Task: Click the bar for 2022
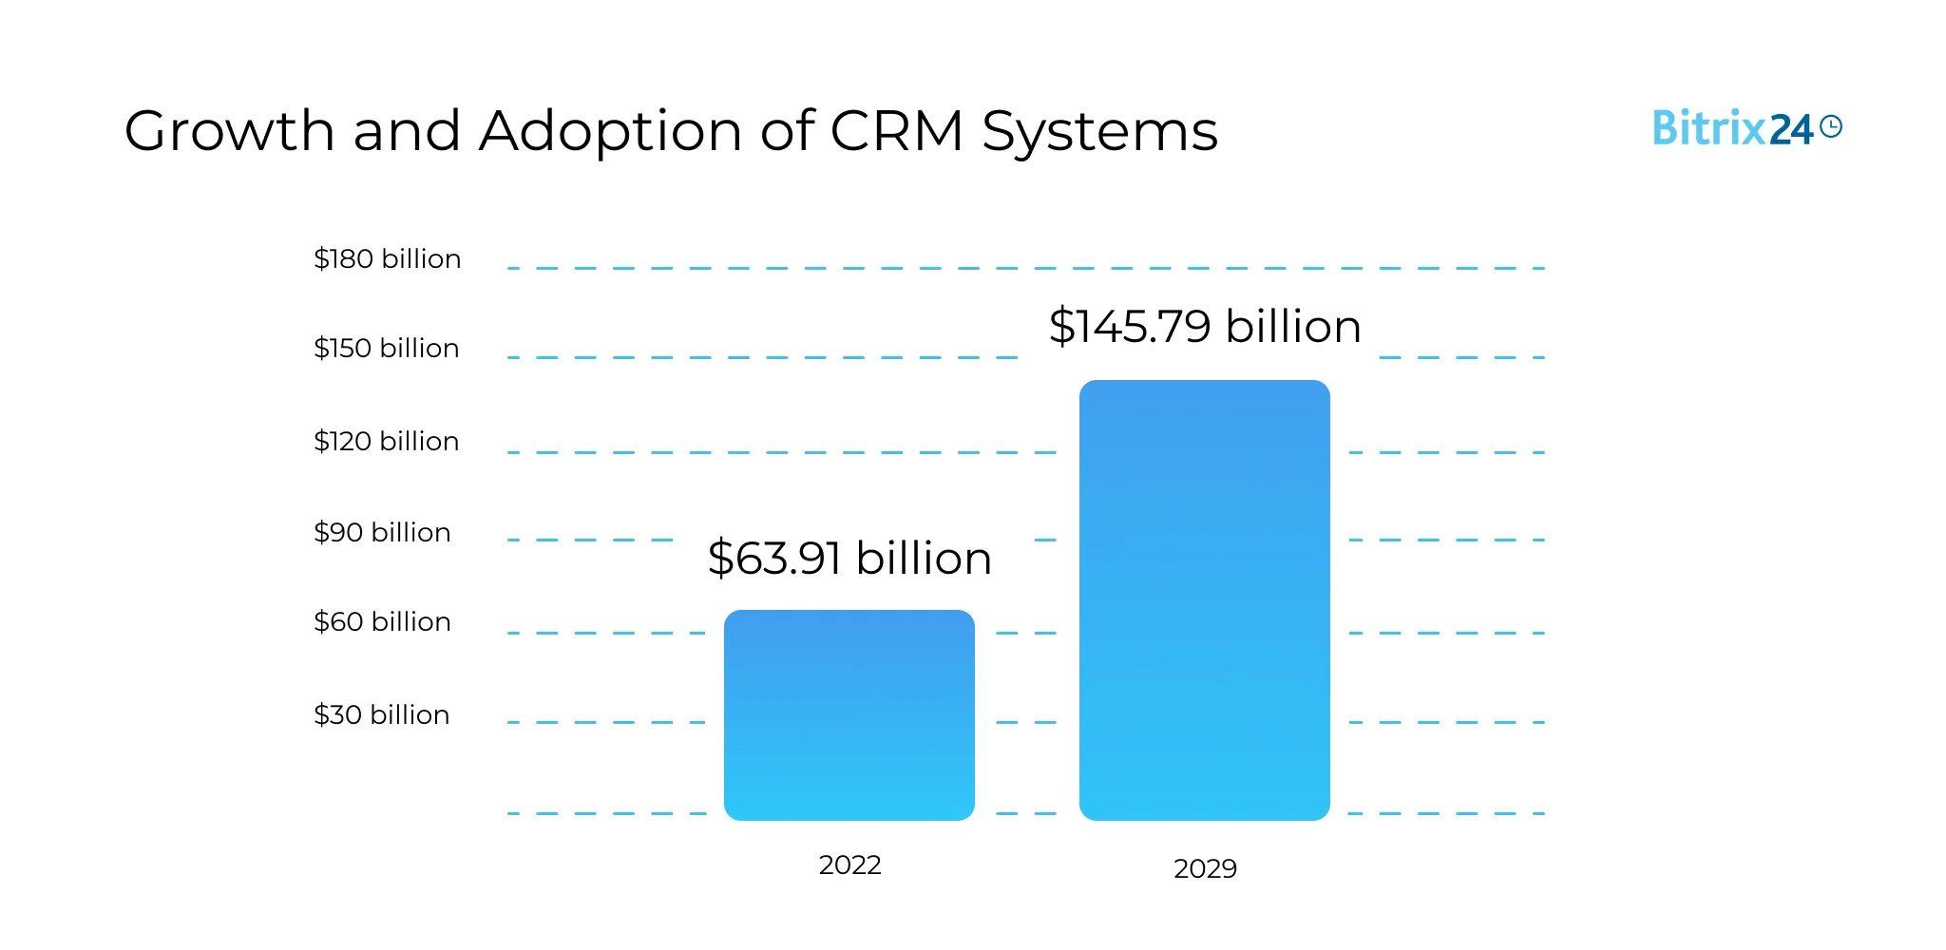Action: [849, 714]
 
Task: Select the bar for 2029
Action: [1204, 599]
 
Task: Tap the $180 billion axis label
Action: [387, 258]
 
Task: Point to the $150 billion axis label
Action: [386, 348]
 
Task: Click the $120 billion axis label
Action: [386, 441]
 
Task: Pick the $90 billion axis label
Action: [382, 532]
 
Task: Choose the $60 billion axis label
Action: [382, 621]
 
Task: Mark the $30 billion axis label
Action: [381, 714]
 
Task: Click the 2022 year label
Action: [849, 864]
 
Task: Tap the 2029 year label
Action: [1205, 868]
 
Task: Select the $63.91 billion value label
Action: [849, 558]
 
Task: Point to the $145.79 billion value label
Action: [1205, 327]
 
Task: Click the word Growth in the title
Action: [229, 131]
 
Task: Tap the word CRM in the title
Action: [897, 131]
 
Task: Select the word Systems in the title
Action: [1099, 131]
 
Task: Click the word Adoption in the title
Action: [610, 131]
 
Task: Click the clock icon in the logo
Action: [1830, 126]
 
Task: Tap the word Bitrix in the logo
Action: [1708, 128]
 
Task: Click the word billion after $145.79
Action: [1293, 327]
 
